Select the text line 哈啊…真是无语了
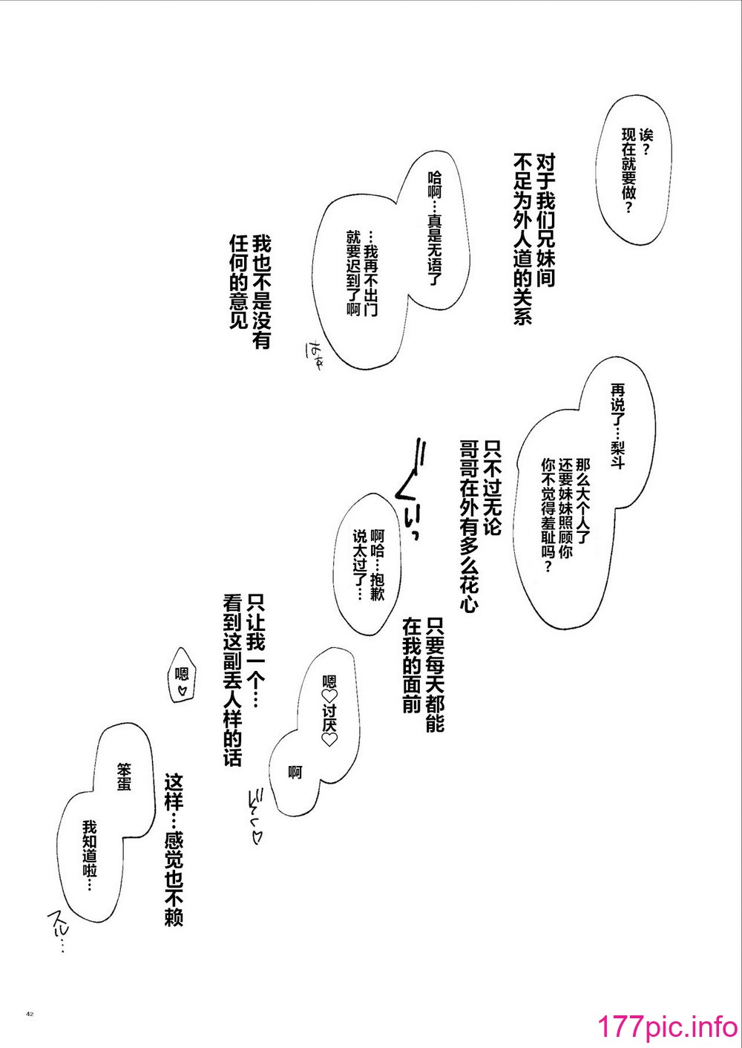coord(435,229)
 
